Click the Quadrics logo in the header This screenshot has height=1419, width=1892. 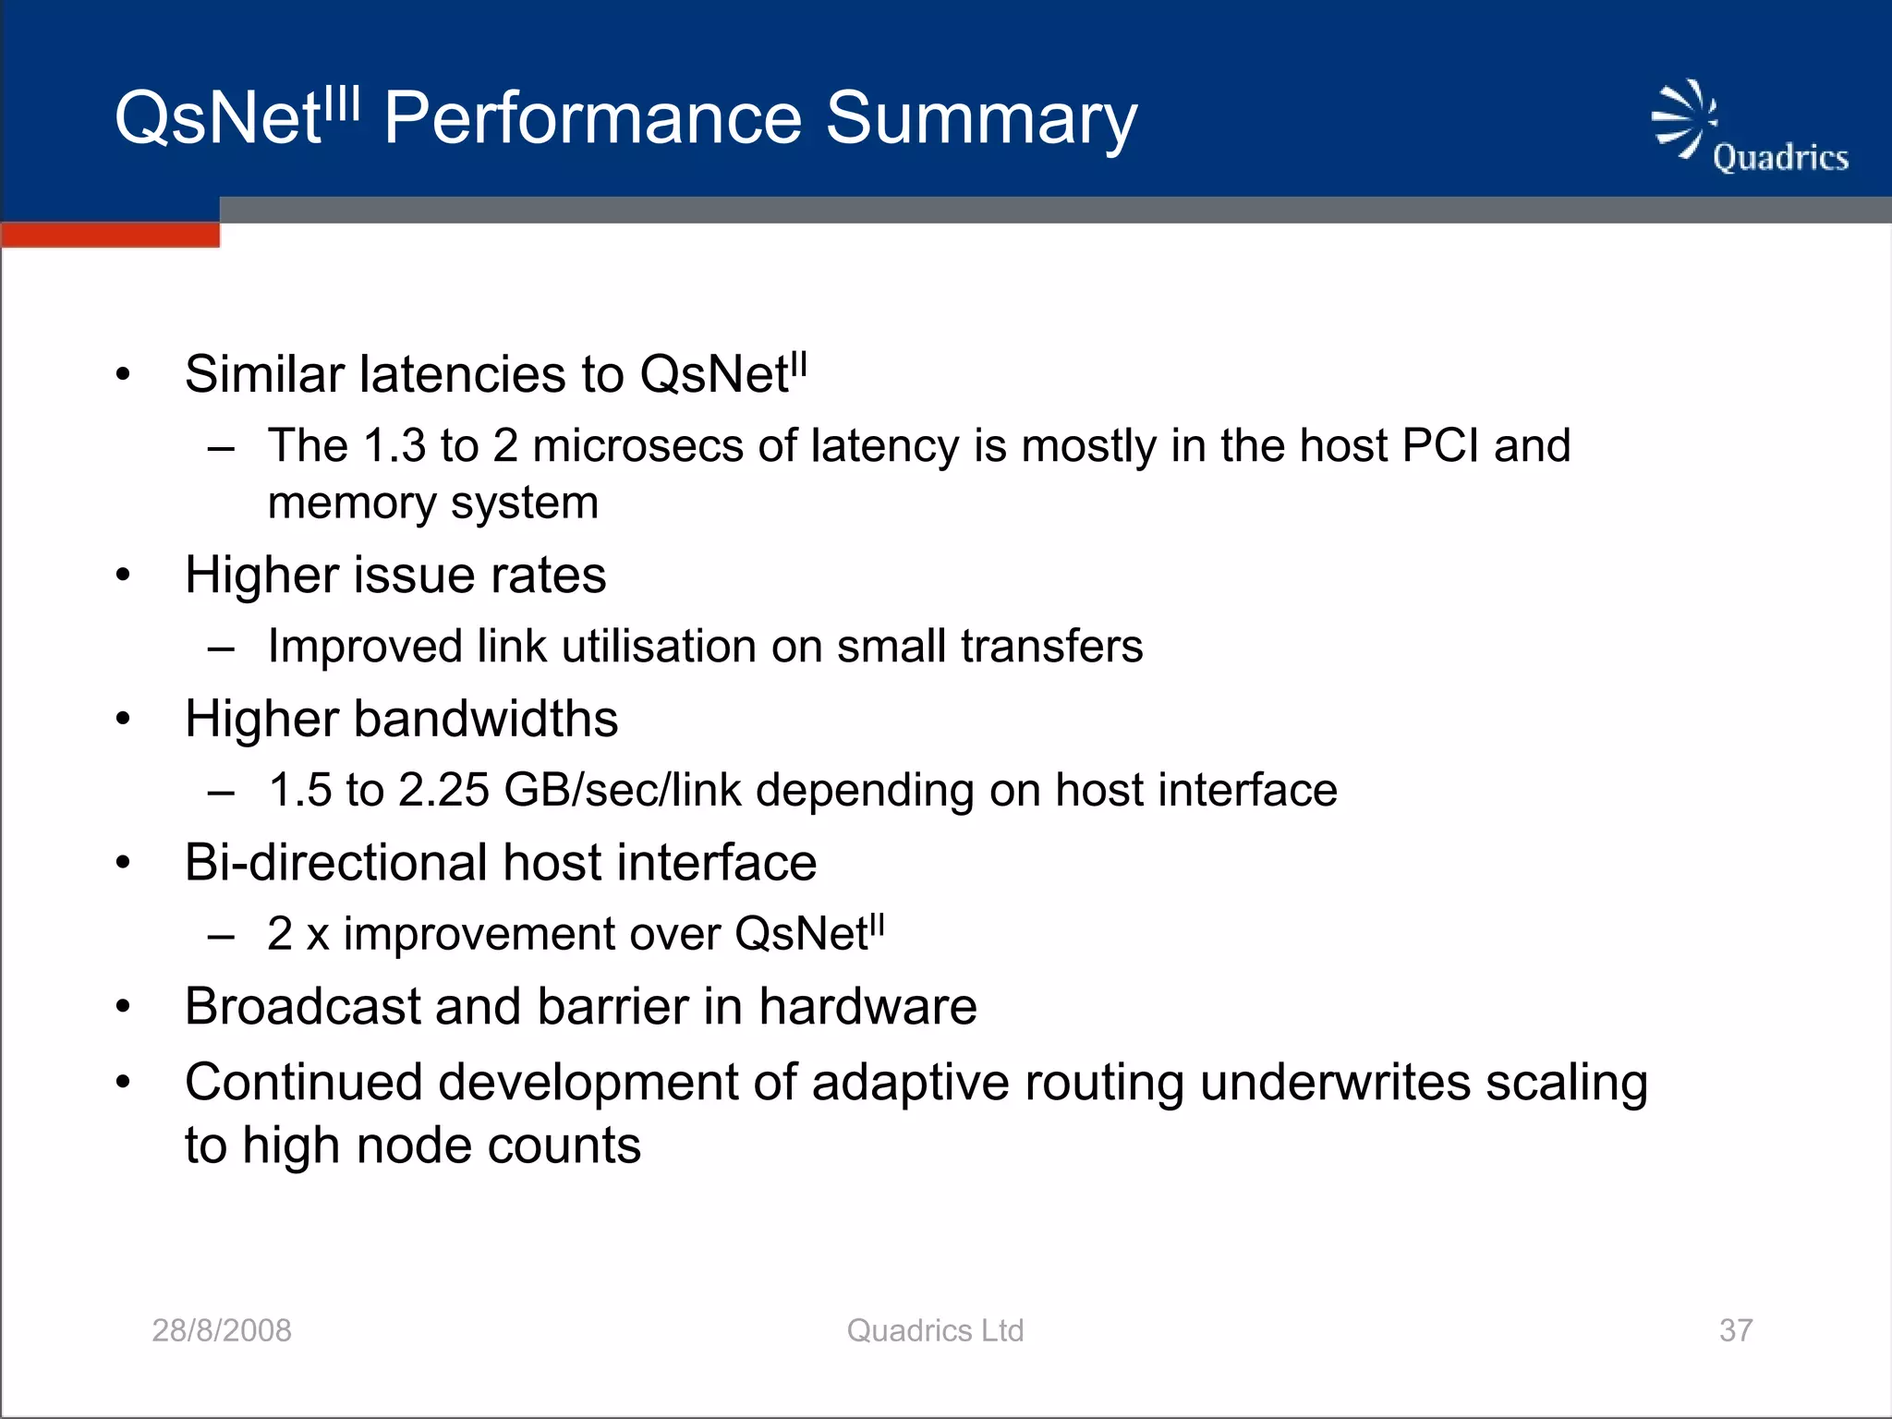click(1750, 129)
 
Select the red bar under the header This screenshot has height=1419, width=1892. click(111, 235)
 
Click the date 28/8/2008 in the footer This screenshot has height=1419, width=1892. click(222, 1330)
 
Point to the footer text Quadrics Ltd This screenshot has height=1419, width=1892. click(935, 1330)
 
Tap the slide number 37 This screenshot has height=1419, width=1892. click(1736, 1330)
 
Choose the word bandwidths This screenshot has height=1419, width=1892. click(486, 720)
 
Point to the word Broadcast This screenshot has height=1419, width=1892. click(302, 1006)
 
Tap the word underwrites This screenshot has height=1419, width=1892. click(1334, 1083)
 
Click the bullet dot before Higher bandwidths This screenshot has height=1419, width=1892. click(124, 720)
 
